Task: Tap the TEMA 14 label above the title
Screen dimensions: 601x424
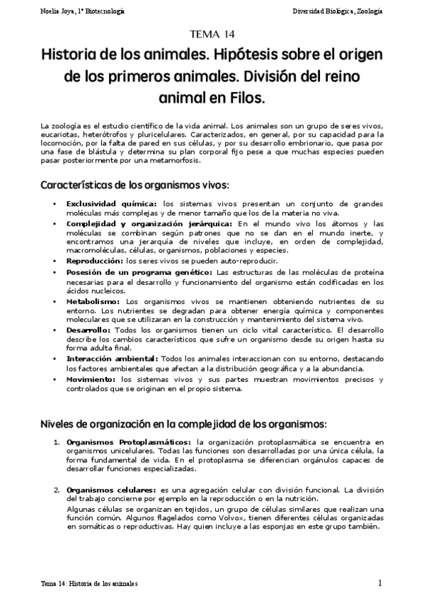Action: tap(212, 34)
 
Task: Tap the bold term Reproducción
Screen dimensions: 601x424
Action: tap(90, 261)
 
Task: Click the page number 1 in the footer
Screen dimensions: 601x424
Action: tap(380, 583)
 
